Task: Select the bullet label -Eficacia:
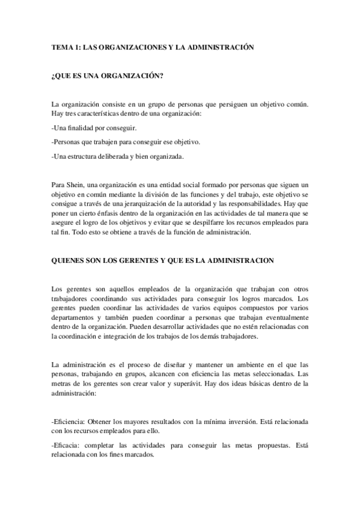click(x=67, y=446)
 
